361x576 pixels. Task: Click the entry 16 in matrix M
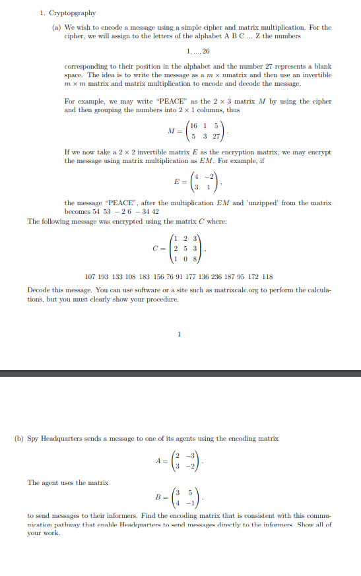[x=193, y=127]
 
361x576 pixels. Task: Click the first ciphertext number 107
[x=92, y=276]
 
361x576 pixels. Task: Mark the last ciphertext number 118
[x=267, y=276]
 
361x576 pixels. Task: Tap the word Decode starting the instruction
[x=38, y=290]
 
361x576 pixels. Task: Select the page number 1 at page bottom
[x=179, y=333]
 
